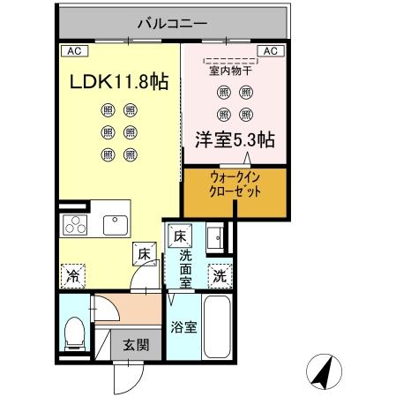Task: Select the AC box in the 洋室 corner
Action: (x=272, y=51)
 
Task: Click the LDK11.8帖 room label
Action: (x=119, y=83)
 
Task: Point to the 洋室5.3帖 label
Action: (x=233, y=139)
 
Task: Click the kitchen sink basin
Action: (x=116, y=224)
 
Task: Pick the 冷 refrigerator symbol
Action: (x=73, y=275)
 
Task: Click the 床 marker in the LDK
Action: (x=143, y=255)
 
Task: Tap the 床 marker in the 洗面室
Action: (x=180, y=236)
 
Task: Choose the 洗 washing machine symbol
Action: (x=219, y=274)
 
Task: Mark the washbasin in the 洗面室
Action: (x=215, y=236)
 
